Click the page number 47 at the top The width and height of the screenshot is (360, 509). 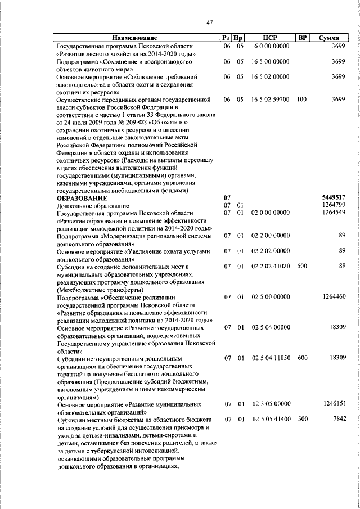click(209, 22)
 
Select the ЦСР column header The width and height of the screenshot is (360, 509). click(270, 38)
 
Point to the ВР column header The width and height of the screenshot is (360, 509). click(301, 38)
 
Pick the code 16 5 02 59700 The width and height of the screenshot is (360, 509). click(271, 99)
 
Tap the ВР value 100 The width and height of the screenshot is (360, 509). click(301, 99)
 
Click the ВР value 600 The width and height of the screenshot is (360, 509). click(302, 357)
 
